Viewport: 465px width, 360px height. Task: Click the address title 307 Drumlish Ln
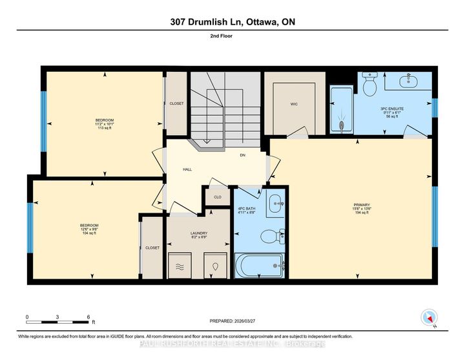pyautogui.click(x=232, y=22)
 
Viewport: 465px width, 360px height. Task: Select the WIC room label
pyautogui.click(x=293, y=103)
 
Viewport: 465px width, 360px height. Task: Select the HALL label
pyautogui.click(x=188, y=169)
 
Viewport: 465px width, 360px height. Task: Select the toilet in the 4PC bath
pyautogui.click(x=271, y=238)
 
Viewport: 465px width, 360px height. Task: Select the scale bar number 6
pyautogui.click(x=88, y=317)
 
